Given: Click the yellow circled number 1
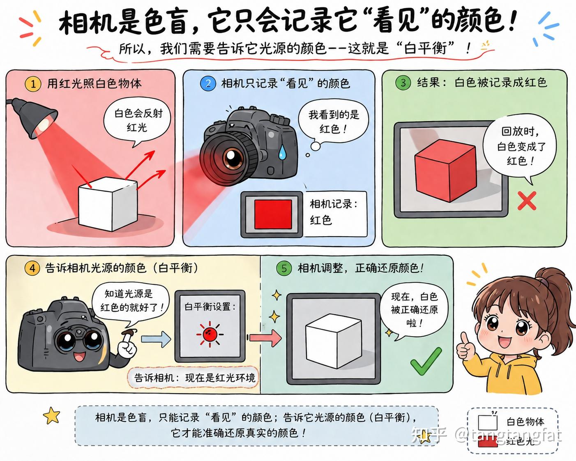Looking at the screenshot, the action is pos(33,84).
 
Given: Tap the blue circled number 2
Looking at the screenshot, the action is pos(208,83).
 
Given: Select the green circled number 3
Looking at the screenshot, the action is pos(403,83).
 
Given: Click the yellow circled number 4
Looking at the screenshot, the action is pos(32,268).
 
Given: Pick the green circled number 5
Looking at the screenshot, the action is pos(284,268).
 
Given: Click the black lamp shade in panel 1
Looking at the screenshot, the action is pos(40,118).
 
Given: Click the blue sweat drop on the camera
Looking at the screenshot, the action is pos(282,152).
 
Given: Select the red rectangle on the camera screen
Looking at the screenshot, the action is pos(273,214).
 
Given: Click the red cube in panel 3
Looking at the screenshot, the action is pos(445,171).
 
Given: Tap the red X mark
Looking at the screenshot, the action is pos(527,201).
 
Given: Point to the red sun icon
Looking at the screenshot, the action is pos(210,334).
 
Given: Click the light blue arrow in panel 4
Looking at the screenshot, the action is pos(156,339).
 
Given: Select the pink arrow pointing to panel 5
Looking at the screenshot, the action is pos(265,338).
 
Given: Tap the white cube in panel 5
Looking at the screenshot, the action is pos(334,341).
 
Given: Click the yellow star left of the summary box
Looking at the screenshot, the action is pos(51,415).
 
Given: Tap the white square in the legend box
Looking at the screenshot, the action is pos(487,422).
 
